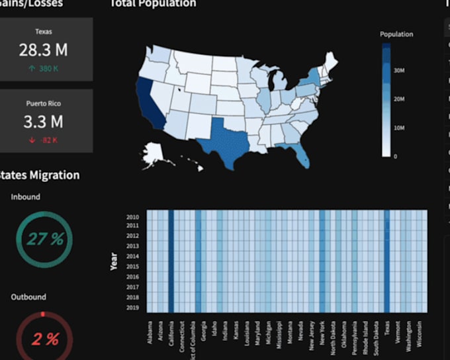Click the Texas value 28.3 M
click(43, 50)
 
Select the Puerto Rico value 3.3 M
click(43, 122)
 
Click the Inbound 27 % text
click(45, 240)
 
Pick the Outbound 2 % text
click(45, 339)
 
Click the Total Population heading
click(153, 4)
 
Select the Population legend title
click(396, 34)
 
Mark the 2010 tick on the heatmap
click(132, 216)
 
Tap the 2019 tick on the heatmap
click(132, 308)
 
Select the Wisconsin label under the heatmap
click(420, 334)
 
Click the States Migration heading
click(40, 175)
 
